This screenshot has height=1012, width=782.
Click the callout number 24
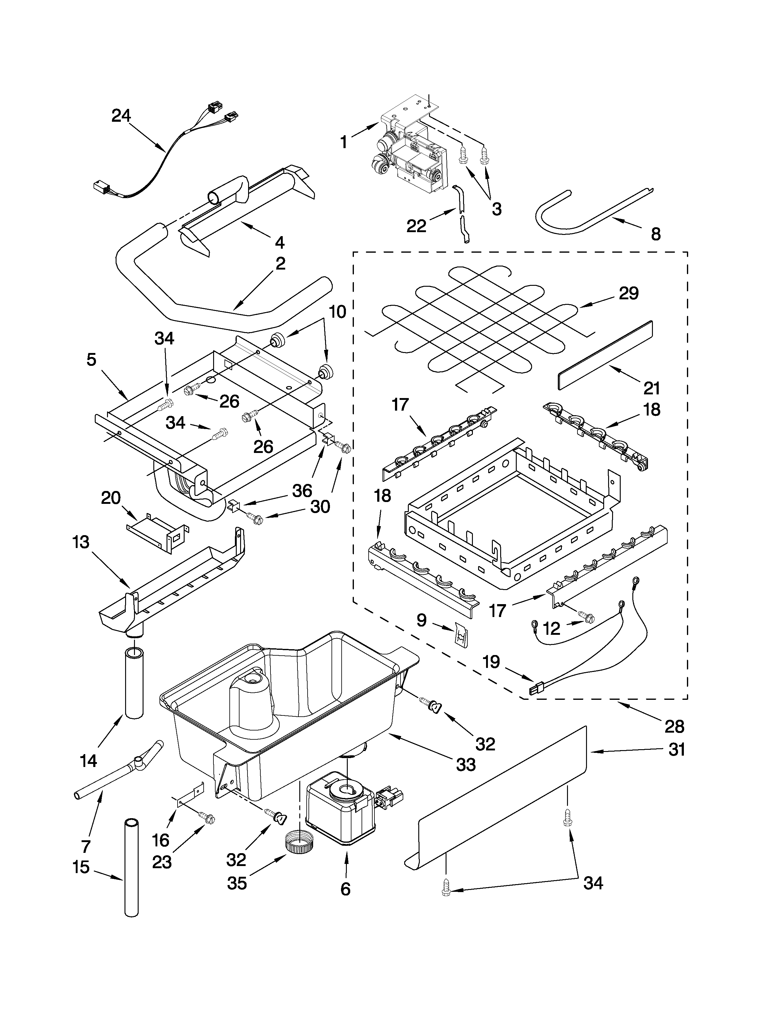pyautogui.click(x=121, y=115)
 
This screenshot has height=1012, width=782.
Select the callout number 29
pyautogui.click(x=629, y=293)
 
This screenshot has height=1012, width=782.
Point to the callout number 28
pyautogui.click(x=674, y=726)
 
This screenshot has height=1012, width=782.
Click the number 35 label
pyautogui.click(x=237, y=884)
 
